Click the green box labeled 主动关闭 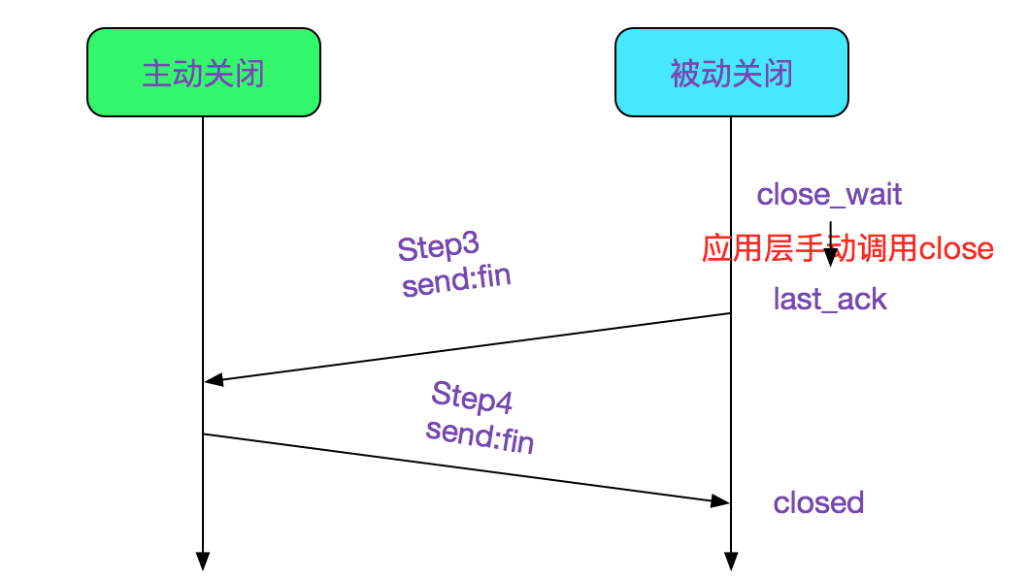coord(203,73)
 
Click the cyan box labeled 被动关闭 coord(731,73)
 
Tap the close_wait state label coord(829,195)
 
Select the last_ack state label coord(830,299)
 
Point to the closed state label coord(818,502)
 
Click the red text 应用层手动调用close coord(847,249)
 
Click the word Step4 coord(472,396)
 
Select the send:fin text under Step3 coord(456,281)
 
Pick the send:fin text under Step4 coord(480,435)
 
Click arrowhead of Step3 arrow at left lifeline coord(213,380)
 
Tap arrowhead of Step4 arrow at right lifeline coord(721,500)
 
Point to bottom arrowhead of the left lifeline coord(203,562)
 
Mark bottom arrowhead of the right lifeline coord(731,562)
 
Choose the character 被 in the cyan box coord(685,74)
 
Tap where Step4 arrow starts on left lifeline coord(204,433)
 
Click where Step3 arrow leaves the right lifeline coord(730,313)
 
